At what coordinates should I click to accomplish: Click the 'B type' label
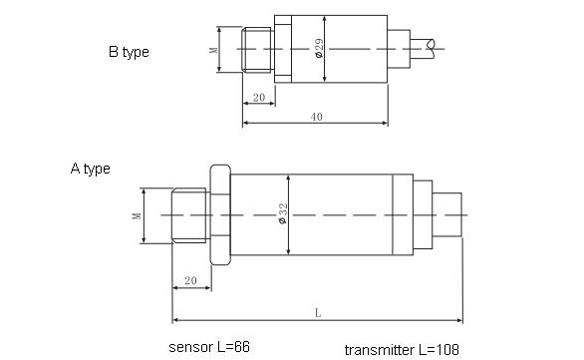click(129, 52)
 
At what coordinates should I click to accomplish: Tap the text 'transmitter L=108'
click(403, 350)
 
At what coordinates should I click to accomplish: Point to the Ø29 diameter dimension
click(318, 47)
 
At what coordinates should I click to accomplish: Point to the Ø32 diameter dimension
click(283, 214)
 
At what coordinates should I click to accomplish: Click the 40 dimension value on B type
click(316, 118)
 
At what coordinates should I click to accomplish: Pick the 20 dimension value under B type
click(258, 98)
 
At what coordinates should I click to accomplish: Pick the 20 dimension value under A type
click(190, 282)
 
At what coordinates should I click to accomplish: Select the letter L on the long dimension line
click(317, 312)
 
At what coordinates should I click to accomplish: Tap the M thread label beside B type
click(213, 49)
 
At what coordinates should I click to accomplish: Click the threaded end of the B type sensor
click(256, 49)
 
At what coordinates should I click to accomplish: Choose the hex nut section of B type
click(282, 48)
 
